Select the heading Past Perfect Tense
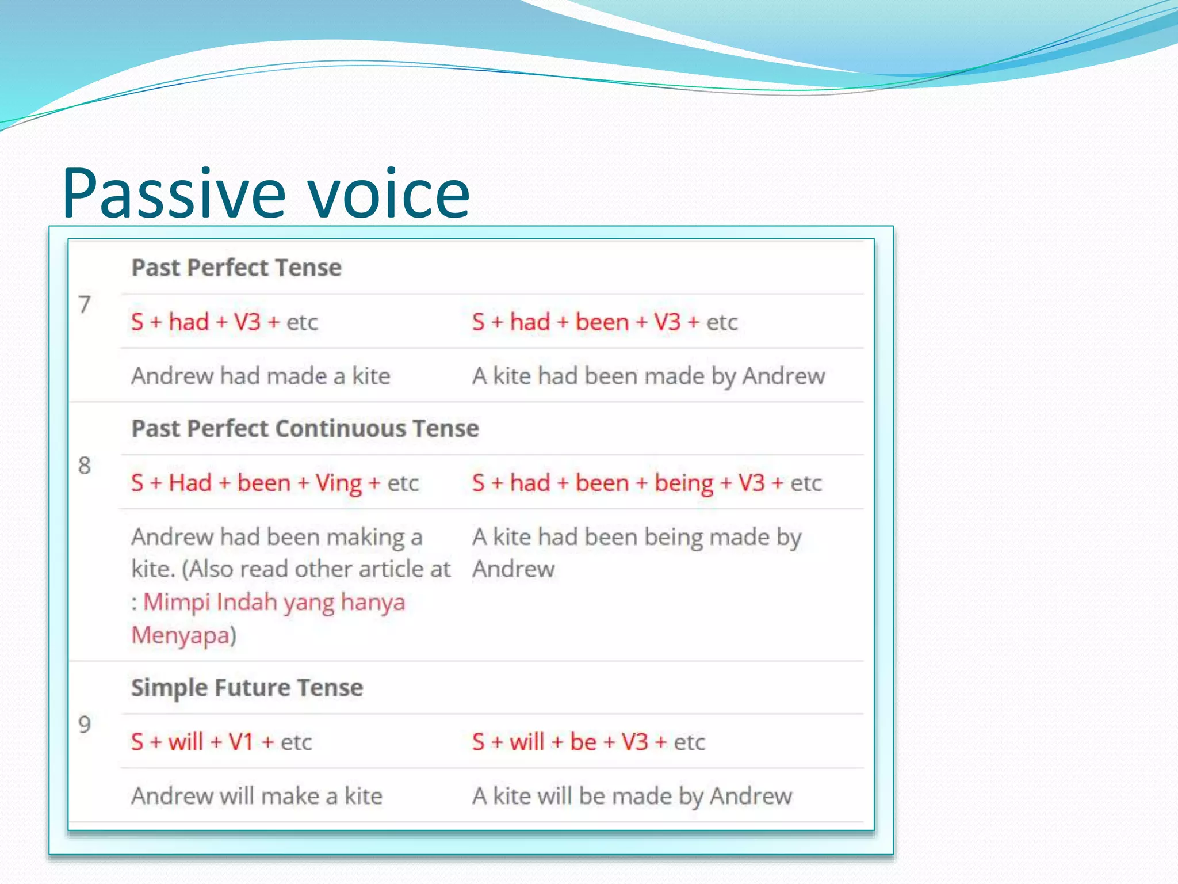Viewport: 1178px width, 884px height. click(x=236, y=268)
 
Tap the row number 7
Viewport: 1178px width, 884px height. click(x=85, y=304)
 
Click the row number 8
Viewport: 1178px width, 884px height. click(x=85, y=465)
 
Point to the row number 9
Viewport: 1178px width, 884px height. click(x=85, y=724)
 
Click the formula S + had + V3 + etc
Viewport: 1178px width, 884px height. click(x=224, y=322)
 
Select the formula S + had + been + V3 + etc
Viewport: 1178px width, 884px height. click(x=605, y=322)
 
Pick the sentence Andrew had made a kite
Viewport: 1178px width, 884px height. click(x=261, y=376)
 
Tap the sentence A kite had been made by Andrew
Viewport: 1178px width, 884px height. click(x=648, y=376)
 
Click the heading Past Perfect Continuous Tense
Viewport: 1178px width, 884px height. click(x=305, y=429)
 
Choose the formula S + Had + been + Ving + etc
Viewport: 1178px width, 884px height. click(x=274, y=483)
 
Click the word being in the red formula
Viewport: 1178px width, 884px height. click(x=684, y=483)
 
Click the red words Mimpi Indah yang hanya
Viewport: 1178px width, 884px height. click(x=274, y=603)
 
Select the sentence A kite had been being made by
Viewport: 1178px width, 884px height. click(x=637, y=537)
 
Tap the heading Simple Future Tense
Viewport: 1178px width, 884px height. click(x=247, y=688)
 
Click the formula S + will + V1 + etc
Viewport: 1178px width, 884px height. click(x=221, y=742)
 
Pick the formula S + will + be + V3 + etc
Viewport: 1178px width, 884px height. click(x=588, y=742)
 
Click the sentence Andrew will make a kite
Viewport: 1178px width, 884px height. click(x=257, y=796)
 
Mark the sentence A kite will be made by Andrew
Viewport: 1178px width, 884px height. click(x=632, y=796)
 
